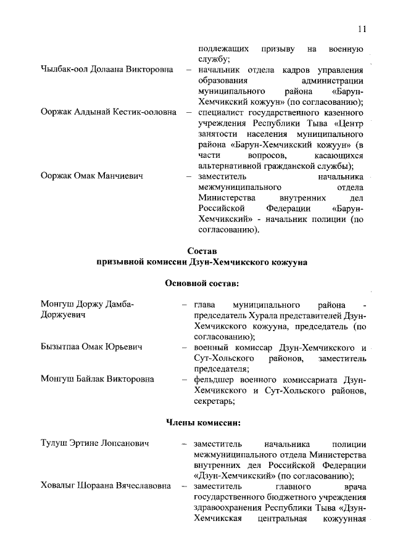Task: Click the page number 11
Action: pos(362,28)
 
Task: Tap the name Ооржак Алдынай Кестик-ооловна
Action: pos(107,113)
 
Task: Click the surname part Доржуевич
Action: pos(63,316)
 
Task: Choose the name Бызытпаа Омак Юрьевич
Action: pos(91,348)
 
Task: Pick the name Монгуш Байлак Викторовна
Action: pos(98,380)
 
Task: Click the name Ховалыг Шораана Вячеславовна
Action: pos(106,487)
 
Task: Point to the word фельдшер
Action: pos(213,380)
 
